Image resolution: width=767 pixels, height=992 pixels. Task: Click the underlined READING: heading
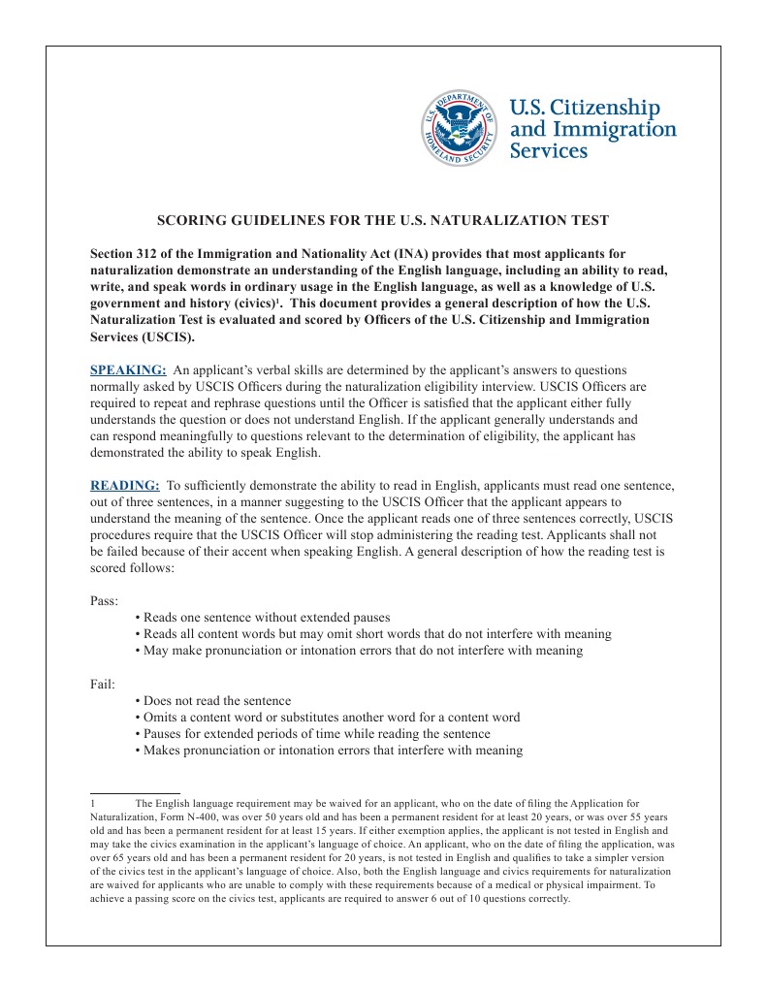point(124,485)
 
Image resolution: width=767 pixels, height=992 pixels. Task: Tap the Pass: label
point(104,600)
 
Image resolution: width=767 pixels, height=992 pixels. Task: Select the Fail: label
point(103,685)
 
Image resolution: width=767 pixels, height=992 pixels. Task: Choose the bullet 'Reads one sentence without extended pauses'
point(266,618)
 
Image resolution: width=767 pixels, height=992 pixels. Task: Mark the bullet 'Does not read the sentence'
point(216,701)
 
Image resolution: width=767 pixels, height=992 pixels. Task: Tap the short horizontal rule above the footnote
point(135,793)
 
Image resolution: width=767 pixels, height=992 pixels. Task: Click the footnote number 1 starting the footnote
point(92,804)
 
